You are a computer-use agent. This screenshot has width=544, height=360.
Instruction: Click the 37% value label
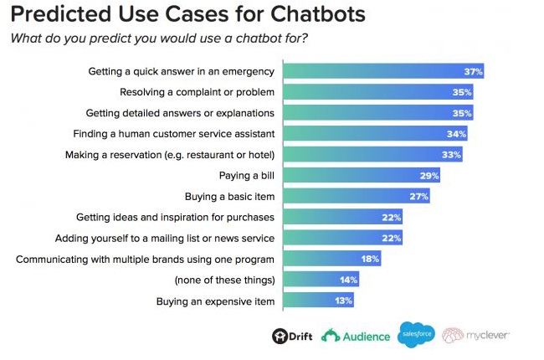473,71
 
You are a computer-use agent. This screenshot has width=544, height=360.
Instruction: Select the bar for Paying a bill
362,175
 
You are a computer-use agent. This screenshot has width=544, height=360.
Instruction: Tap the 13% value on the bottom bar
343,301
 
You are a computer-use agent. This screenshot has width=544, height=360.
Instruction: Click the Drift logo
292,336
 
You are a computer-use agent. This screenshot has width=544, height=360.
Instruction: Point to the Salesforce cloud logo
416,334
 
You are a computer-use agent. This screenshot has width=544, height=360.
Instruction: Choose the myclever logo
475,336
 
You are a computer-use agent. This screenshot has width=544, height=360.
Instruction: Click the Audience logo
356,336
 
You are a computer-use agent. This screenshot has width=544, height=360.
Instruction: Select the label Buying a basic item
229,197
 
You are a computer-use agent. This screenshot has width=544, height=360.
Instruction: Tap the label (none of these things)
225,280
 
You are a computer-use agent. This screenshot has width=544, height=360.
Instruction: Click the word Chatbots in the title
317,14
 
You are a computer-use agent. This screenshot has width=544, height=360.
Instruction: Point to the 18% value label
370,259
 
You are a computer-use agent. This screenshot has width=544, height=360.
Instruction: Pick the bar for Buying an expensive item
319,301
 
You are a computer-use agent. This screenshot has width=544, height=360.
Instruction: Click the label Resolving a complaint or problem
197,92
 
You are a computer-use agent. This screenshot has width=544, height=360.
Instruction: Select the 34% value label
456,134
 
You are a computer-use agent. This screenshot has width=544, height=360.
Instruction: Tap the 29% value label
429,176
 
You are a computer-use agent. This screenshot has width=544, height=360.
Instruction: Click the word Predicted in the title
61,14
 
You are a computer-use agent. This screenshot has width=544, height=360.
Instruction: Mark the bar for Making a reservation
373,155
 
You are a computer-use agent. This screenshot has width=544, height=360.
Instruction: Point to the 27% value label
418,197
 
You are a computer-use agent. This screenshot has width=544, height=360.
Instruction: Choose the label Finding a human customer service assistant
174,134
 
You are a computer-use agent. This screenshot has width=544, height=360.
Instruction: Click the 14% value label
348,280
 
